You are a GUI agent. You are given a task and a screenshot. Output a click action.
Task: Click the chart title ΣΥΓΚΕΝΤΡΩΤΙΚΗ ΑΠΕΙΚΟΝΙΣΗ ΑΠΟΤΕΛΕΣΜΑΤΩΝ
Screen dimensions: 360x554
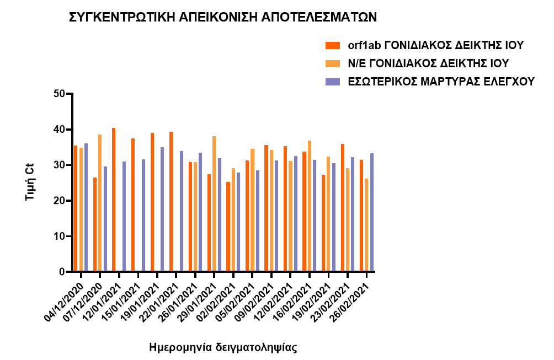pyautogui.click(x=222, y=17)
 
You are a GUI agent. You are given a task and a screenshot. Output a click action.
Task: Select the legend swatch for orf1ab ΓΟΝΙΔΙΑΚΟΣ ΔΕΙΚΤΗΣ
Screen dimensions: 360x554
pyautogui.click(x=333, y=45)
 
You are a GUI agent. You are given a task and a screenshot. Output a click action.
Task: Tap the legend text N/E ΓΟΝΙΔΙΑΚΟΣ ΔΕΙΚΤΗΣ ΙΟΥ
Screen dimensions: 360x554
pyautogui.click(x=428, y=63)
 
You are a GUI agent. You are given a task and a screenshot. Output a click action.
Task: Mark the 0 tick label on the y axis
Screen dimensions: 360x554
pyautogui.click(x=62, y=272)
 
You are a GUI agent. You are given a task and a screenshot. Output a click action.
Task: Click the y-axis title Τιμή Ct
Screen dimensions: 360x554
pyautogui.click(x=31, y=182)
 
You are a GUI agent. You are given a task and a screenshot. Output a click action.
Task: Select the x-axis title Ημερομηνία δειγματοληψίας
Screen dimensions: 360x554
pyautogui.click(x=223, y=348)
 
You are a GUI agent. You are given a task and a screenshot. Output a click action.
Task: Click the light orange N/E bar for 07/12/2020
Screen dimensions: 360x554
pyautogui.click(x=100, y=203)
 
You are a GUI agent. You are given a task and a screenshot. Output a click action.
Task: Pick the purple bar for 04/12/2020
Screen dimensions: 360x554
pyautogui.click(x=86, y=207)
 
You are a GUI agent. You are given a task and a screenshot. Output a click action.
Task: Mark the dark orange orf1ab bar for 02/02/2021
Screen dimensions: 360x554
pyautogui.click(x=228, y=227)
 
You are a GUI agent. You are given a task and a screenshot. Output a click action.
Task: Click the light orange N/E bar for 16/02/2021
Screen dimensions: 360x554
pyautogui.click(x=310, y=206)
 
